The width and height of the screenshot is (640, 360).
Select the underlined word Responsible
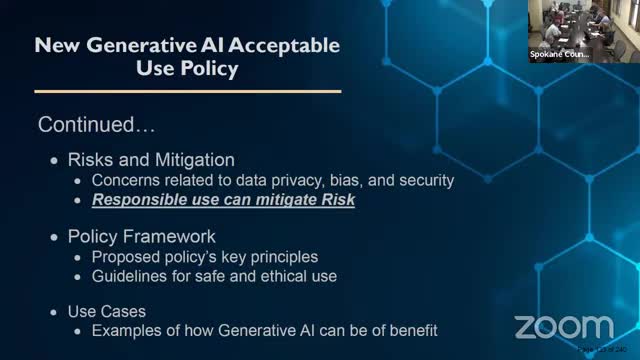pyautogui.click(x=141, y=200)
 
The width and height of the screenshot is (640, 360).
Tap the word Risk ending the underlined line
pyautogui.click(x=338, y=200)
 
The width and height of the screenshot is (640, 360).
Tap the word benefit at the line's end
pyautogui.click(x=411, y=330)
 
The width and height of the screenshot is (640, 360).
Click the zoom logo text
pyautogui.click(x=563, y=327)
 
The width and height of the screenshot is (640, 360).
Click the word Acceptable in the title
pyautogui.click(x=273, y=46)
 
